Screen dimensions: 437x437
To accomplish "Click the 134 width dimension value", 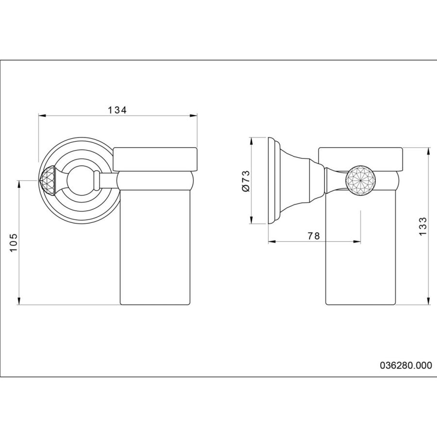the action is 118,110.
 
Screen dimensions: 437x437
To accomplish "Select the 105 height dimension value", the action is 14,242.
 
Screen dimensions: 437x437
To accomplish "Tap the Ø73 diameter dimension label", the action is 246,181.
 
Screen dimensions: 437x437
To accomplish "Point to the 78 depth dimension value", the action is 314,236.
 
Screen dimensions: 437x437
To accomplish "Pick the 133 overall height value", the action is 423,226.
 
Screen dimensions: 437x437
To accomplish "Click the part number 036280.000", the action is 406,365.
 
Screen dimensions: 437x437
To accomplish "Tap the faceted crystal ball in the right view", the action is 360,181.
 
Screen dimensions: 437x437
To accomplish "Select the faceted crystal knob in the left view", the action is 48,181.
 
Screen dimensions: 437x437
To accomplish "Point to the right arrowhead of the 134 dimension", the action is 193,116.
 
